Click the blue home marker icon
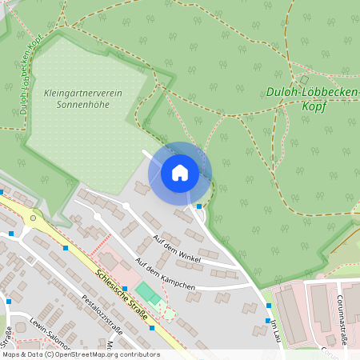tap(180, 172)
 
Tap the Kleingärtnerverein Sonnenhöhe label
tap(83, 98)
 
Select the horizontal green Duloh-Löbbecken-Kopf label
tap(310, 93)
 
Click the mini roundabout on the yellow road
tap(34, 218)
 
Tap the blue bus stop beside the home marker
tap(198, 206)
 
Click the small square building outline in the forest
tap(304, 80)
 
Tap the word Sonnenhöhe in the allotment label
tap(83, 105)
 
